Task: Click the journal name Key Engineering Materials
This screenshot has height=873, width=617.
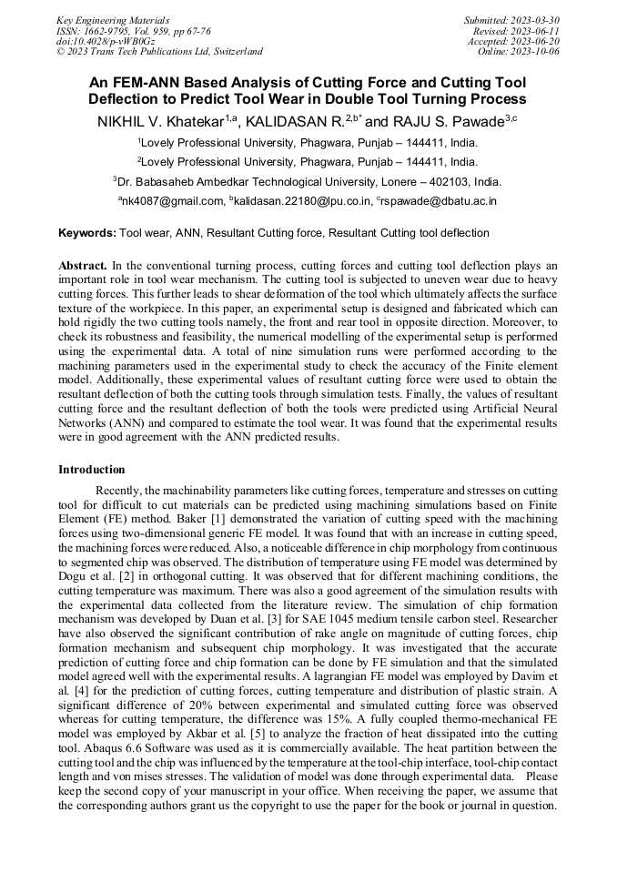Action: [112, 20]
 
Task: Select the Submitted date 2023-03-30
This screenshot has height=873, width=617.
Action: [512, 20]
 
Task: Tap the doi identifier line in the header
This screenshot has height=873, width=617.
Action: [106, 41]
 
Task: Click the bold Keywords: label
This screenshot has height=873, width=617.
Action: [87, 233]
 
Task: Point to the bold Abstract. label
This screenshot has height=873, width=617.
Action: [83, 265]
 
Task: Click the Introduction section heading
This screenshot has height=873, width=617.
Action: [92, 470]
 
